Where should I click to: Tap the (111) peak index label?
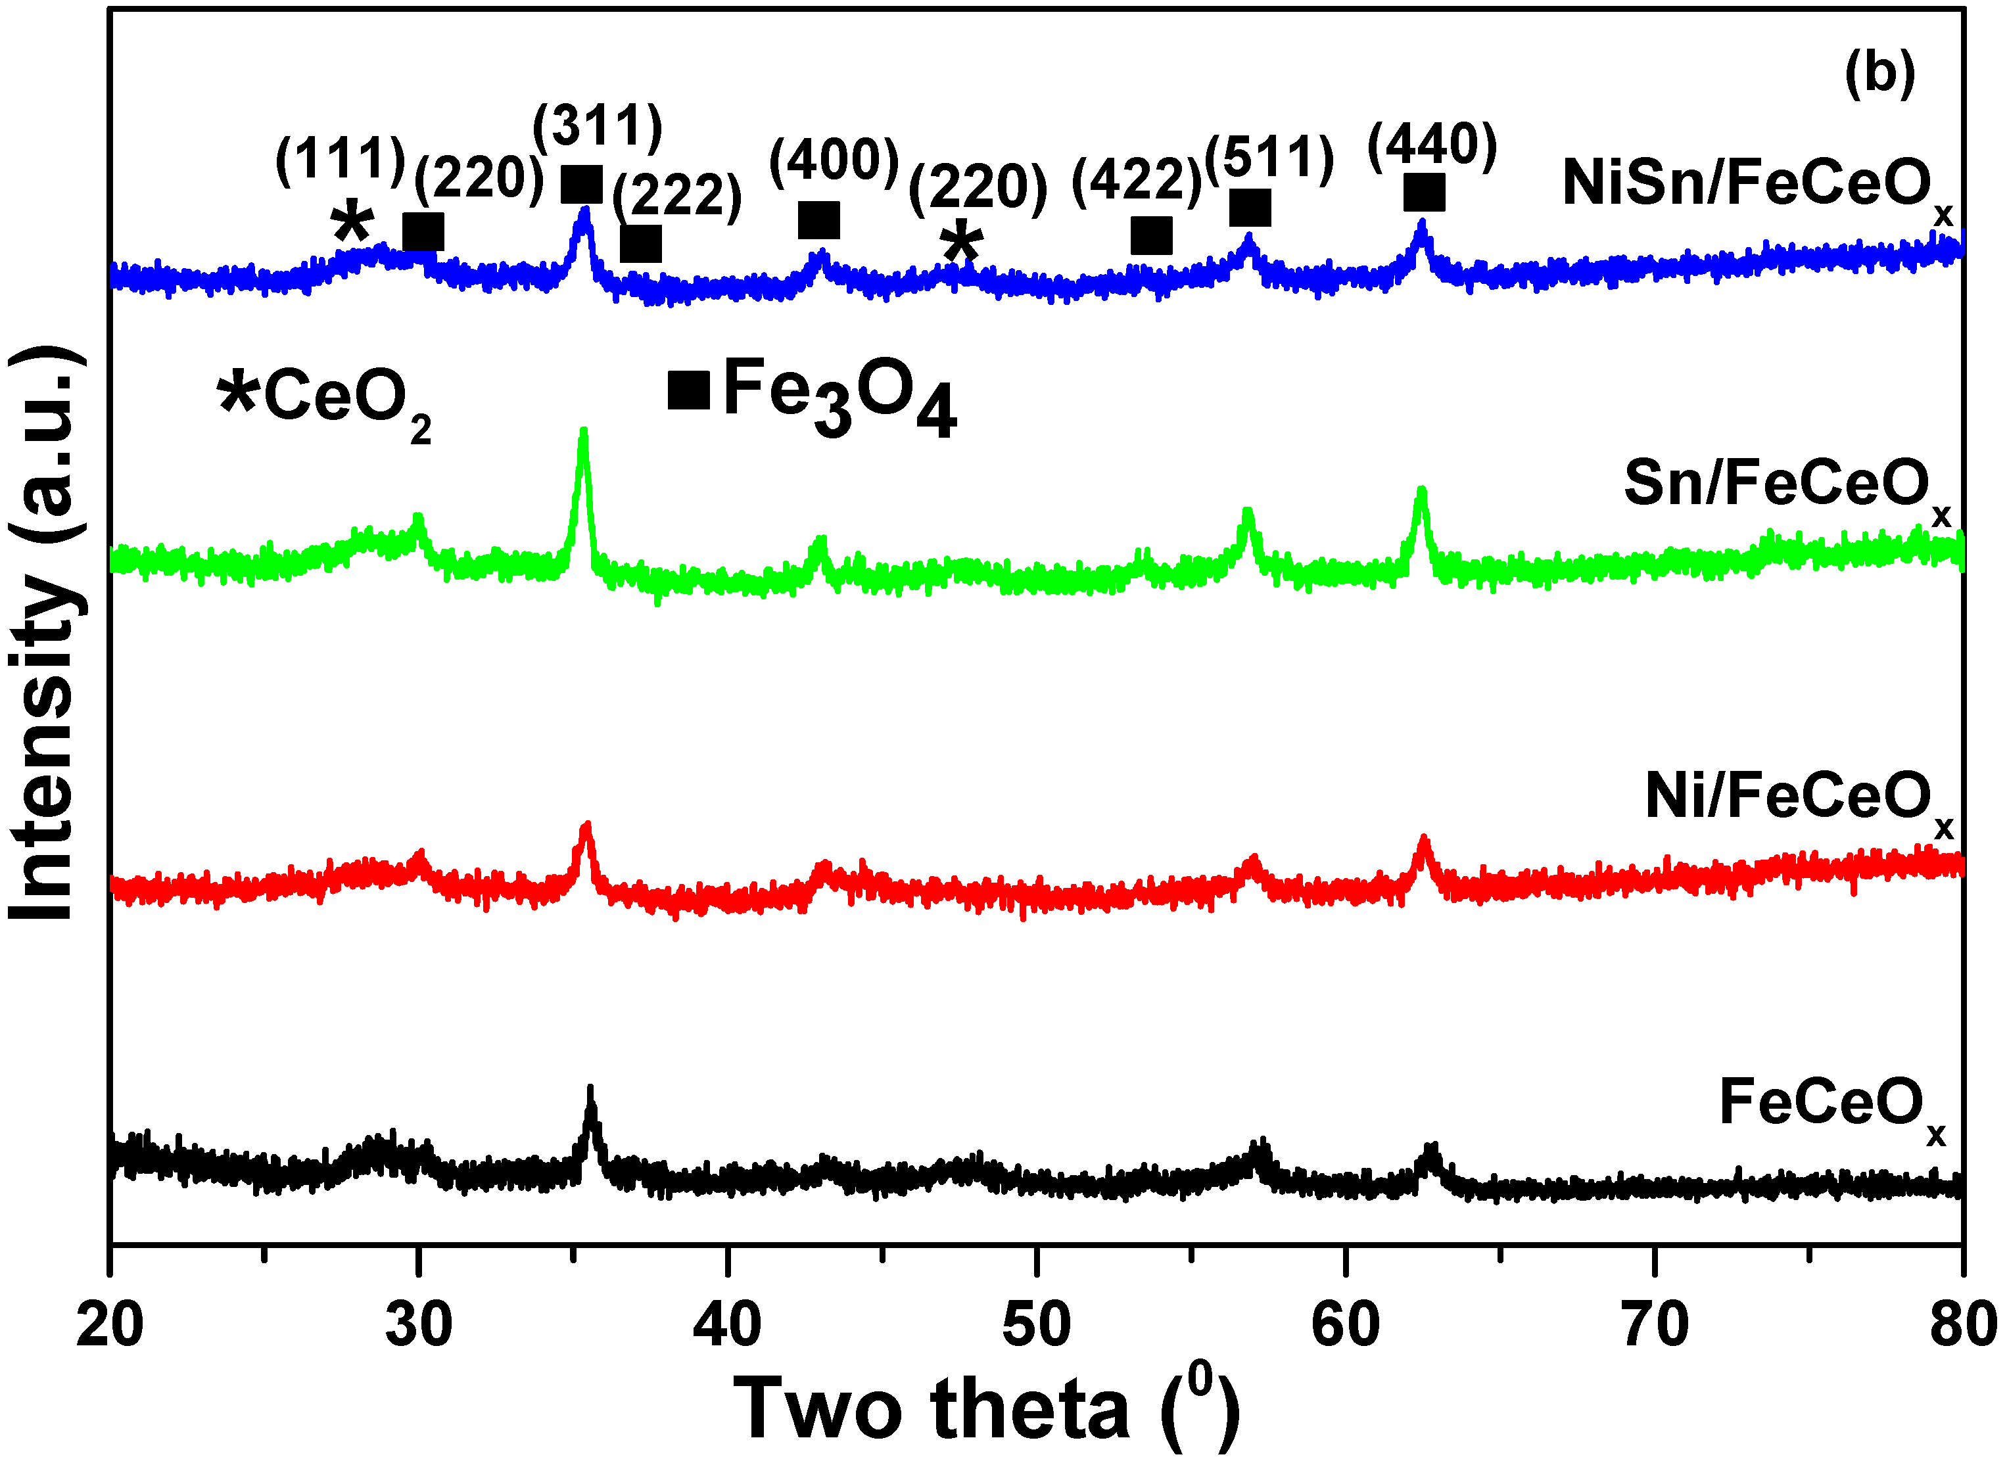pos(341,160)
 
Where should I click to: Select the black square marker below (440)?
pos(1425,193)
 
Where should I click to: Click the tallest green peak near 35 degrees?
pos(583,434)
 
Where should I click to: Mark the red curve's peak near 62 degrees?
pos(1424,839)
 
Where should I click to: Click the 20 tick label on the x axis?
pos(110,1326)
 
